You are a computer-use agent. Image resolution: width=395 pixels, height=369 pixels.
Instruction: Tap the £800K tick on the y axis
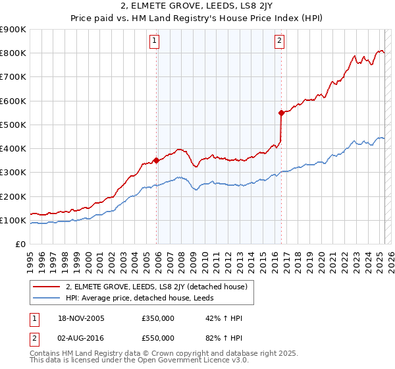pyautogui.click(x=13, y=53)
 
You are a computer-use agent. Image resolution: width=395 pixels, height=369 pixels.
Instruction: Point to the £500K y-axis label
pyautogui.click(x=13, y=125)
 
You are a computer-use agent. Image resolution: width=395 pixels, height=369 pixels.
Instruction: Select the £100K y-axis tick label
pyautogui.click(x=13, y=220)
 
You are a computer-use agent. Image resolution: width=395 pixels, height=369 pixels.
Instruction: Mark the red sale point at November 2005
pyautogui.click(x=156, y=160)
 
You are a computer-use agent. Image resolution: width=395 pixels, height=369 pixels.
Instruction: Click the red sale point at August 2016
pyautogui.click(x=281, y=113)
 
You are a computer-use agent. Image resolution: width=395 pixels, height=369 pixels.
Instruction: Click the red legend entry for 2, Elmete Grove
pyautogui.click(x=156, y=287)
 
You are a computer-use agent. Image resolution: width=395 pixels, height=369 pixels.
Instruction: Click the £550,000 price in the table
pyautogui.click(x=158, y=338)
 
